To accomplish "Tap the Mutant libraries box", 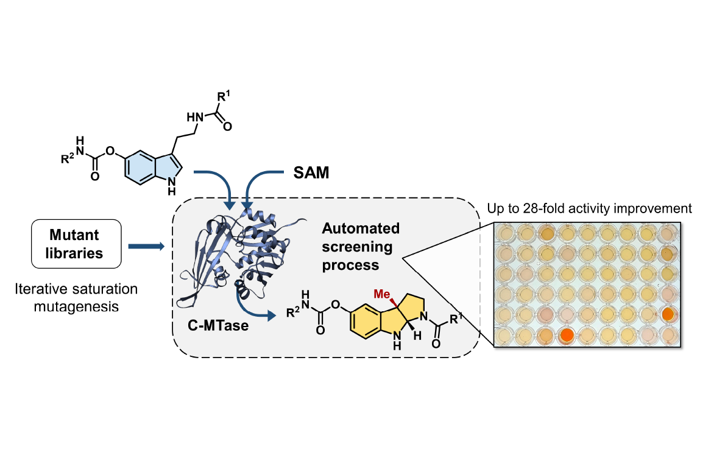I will click(77, 245).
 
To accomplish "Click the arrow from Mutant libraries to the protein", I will click(146, 246).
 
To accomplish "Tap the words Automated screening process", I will click(361, 247).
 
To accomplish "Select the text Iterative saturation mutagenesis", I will click(76, 298).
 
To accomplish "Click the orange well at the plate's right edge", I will click(668, 314).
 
